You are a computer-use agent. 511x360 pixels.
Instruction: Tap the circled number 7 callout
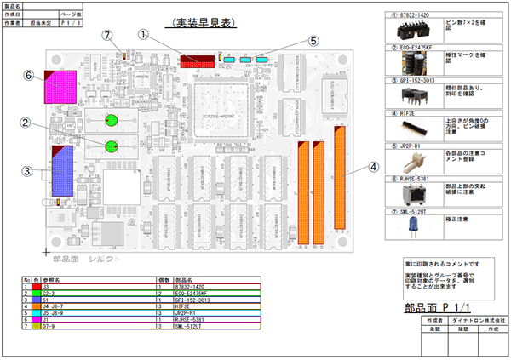tap(107, 35)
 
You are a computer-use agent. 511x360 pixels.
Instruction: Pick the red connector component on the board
tap(197, 63)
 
